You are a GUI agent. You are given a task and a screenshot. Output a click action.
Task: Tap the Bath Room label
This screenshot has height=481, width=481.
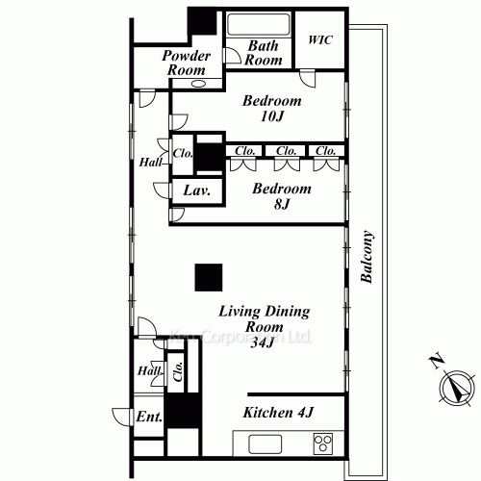(263, 53)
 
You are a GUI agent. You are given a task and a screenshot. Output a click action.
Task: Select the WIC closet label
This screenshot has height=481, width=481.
(320, 40)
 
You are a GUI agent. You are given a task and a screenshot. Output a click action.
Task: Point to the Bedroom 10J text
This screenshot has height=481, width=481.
(271, 108)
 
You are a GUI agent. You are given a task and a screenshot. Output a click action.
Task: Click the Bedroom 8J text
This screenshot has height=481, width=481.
(282, 196)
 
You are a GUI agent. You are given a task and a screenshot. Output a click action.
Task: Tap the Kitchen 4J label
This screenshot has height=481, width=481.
(278, 413)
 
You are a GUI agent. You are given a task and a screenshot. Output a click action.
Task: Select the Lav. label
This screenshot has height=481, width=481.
(195, 190)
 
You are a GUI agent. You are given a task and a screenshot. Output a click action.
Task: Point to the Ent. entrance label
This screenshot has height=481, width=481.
(148, 417)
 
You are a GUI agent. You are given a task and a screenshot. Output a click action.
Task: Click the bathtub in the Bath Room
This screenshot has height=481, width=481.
(258, 24)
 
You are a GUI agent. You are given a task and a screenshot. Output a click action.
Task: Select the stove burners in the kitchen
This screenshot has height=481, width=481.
(321, 443)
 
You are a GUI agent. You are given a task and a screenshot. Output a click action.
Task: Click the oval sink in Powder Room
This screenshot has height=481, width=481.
(198, 84)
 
